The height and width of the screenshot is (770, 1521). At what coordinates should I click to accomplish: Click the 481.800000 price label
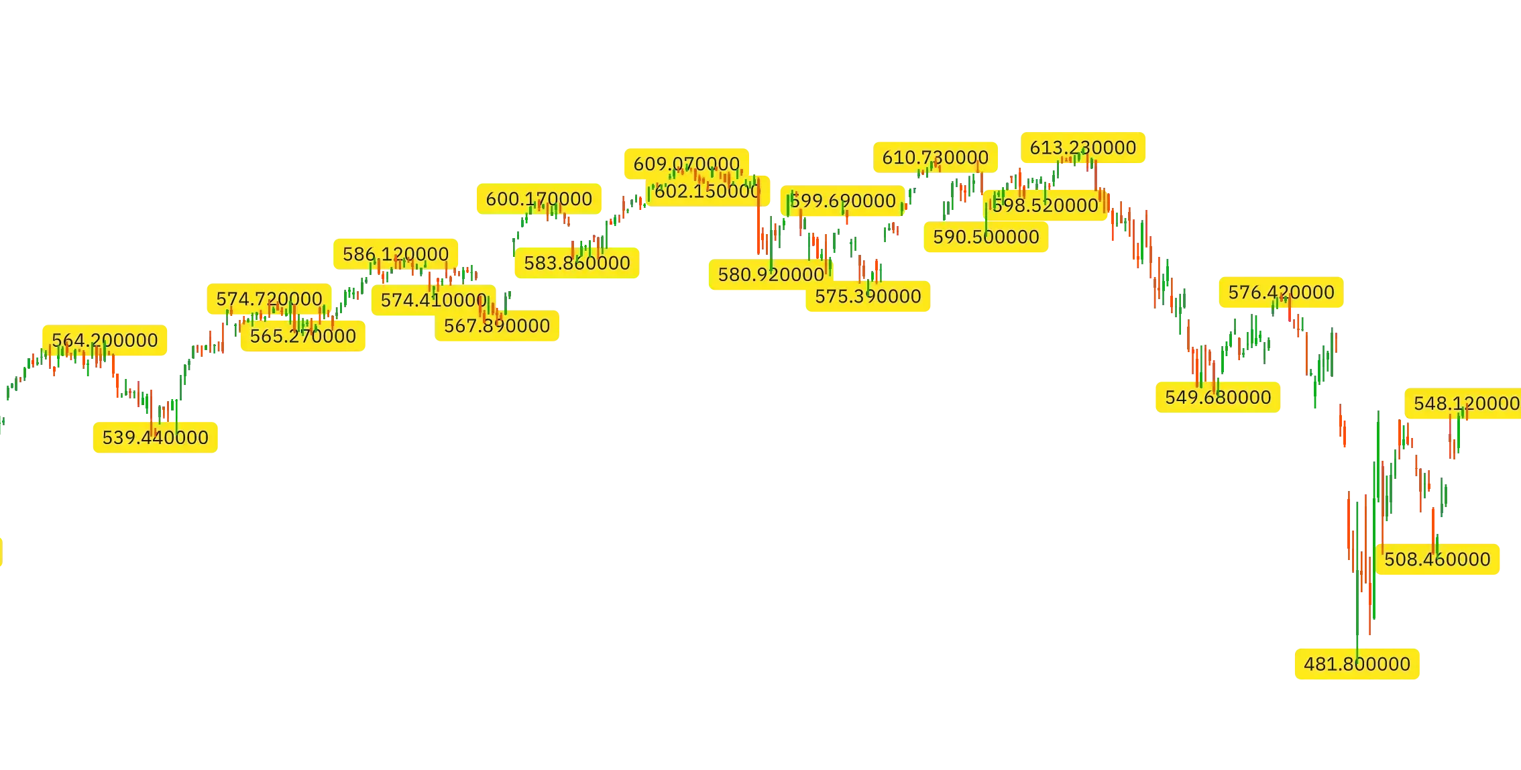[1357, 664]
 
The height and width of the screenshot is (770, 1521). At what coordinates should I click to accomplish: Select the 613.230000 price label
[1083, 148]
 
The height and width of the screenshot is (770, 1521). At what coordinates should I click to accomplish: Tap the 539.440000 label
[155, 437]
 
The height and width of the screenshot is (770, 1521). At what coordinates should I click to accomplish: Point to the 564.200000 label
[105, 340]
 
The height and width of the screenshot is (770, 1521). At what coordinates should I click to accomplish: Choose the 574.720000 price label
[269, 298]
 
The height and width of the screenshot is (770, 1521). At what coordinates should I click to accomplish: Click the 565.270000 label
[302, 335]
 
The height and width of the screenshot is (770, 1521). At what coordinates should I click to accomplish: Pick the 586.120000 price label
[396, 254]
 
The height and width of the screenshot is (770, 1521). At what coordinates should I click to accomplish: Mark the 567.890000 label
[497, 325]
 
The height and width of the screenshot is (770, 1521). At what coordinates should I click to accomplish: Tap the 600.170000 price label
[539, 199]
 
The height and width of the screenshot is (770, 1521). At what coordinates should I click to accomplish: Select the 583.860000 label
[577, 262]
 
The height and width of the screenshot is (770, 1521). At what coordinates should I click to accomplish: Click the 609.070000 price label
[686, 164]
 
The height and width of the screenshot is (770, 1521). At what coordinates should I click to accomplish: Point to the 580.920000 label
[771, 274]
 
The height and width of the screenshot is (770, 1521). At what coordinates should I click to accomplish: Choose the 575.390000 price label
[868, 296]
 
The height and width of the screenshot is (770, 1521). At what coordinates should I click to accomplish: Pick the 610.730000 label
[935, 158]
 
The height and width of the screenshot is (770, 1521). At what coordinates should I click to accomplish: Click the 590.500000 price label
[986, 237]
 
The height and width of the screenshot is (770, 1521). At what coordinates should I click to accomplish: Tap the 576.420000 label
[1281, 292]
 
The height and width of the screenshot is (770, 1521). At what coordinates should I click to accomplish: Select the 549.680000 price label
[1218, 397]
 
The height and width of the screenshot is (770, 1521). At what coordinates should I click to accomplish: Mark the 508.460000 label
[1437, 559]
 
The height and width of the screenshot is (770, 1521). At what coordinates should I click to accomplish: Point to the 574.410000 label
[433, 300]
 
